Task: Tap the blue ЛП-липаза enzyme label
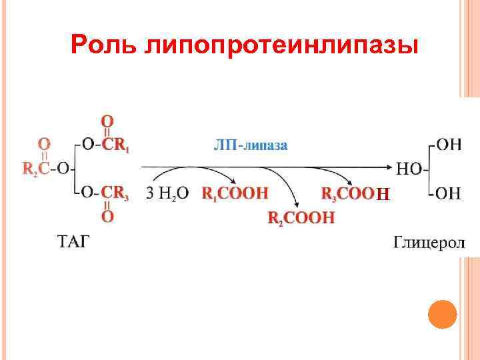(251, 145)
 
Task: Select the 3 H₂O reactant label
(167, 193)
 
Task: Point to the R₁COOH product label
(235, 193)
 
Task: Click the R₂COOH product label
(301, 217)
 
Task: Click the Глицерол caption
(429, 241)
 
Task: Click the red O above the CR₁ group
(107, 121)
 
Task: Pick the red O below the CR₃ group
(107, 216)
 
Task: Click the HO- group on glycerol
(409, 169)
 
